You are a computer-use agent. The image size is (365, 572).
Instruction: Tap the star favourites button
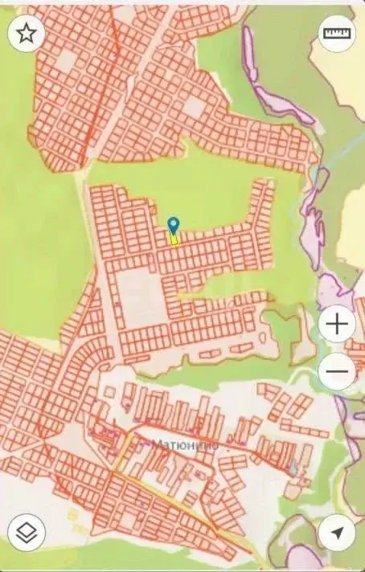tap(27, 34)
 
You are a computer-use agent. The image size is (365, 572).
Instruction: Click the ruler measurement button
tap(336, 34)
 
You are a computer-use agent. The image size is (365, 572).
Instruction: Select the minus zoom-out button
tap(338, 372)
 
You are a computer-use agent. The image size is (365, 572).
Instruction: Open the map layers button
tap(27, 533)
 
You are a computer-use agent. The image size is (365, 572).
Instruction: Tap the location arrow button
tap(338, 533)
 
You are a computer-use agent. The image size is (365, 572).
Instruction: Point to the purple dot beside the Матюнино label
tap(145, 443)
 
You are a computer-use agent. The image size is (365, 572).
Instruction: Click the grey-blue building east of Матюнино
tap(293, 466)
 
